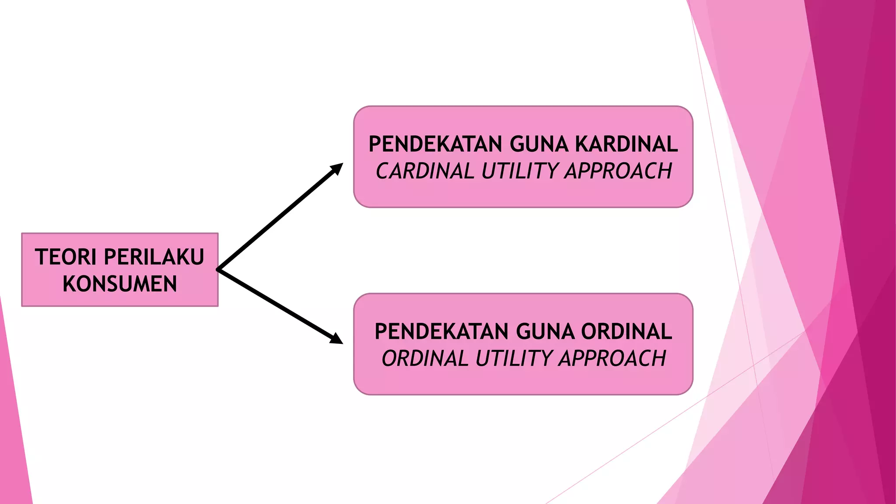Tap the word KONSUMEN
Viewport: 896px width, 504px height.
tap(120, 284)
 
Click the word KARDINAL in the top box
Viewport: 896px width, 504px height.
tap(626, 144)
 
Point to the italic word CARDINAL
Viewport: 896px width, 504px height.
tap(425, 171)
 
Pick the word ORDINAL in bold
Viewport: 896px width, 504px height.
tap(626, 331)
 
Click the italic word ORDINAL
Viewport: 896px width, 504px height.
tap(425, 358)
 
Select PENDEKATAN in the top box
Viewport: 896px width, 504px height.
tap(435, 144)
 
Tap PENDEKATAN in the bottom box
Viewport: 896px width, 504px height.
tap(441, 331)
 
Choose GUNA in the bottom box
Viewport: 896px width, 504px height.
tap(545, 331)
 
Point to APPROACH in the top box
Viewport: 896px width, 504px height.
tap(618, 171)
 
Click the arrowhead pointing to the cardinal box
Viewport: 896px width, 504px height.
tap(337, 168)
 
